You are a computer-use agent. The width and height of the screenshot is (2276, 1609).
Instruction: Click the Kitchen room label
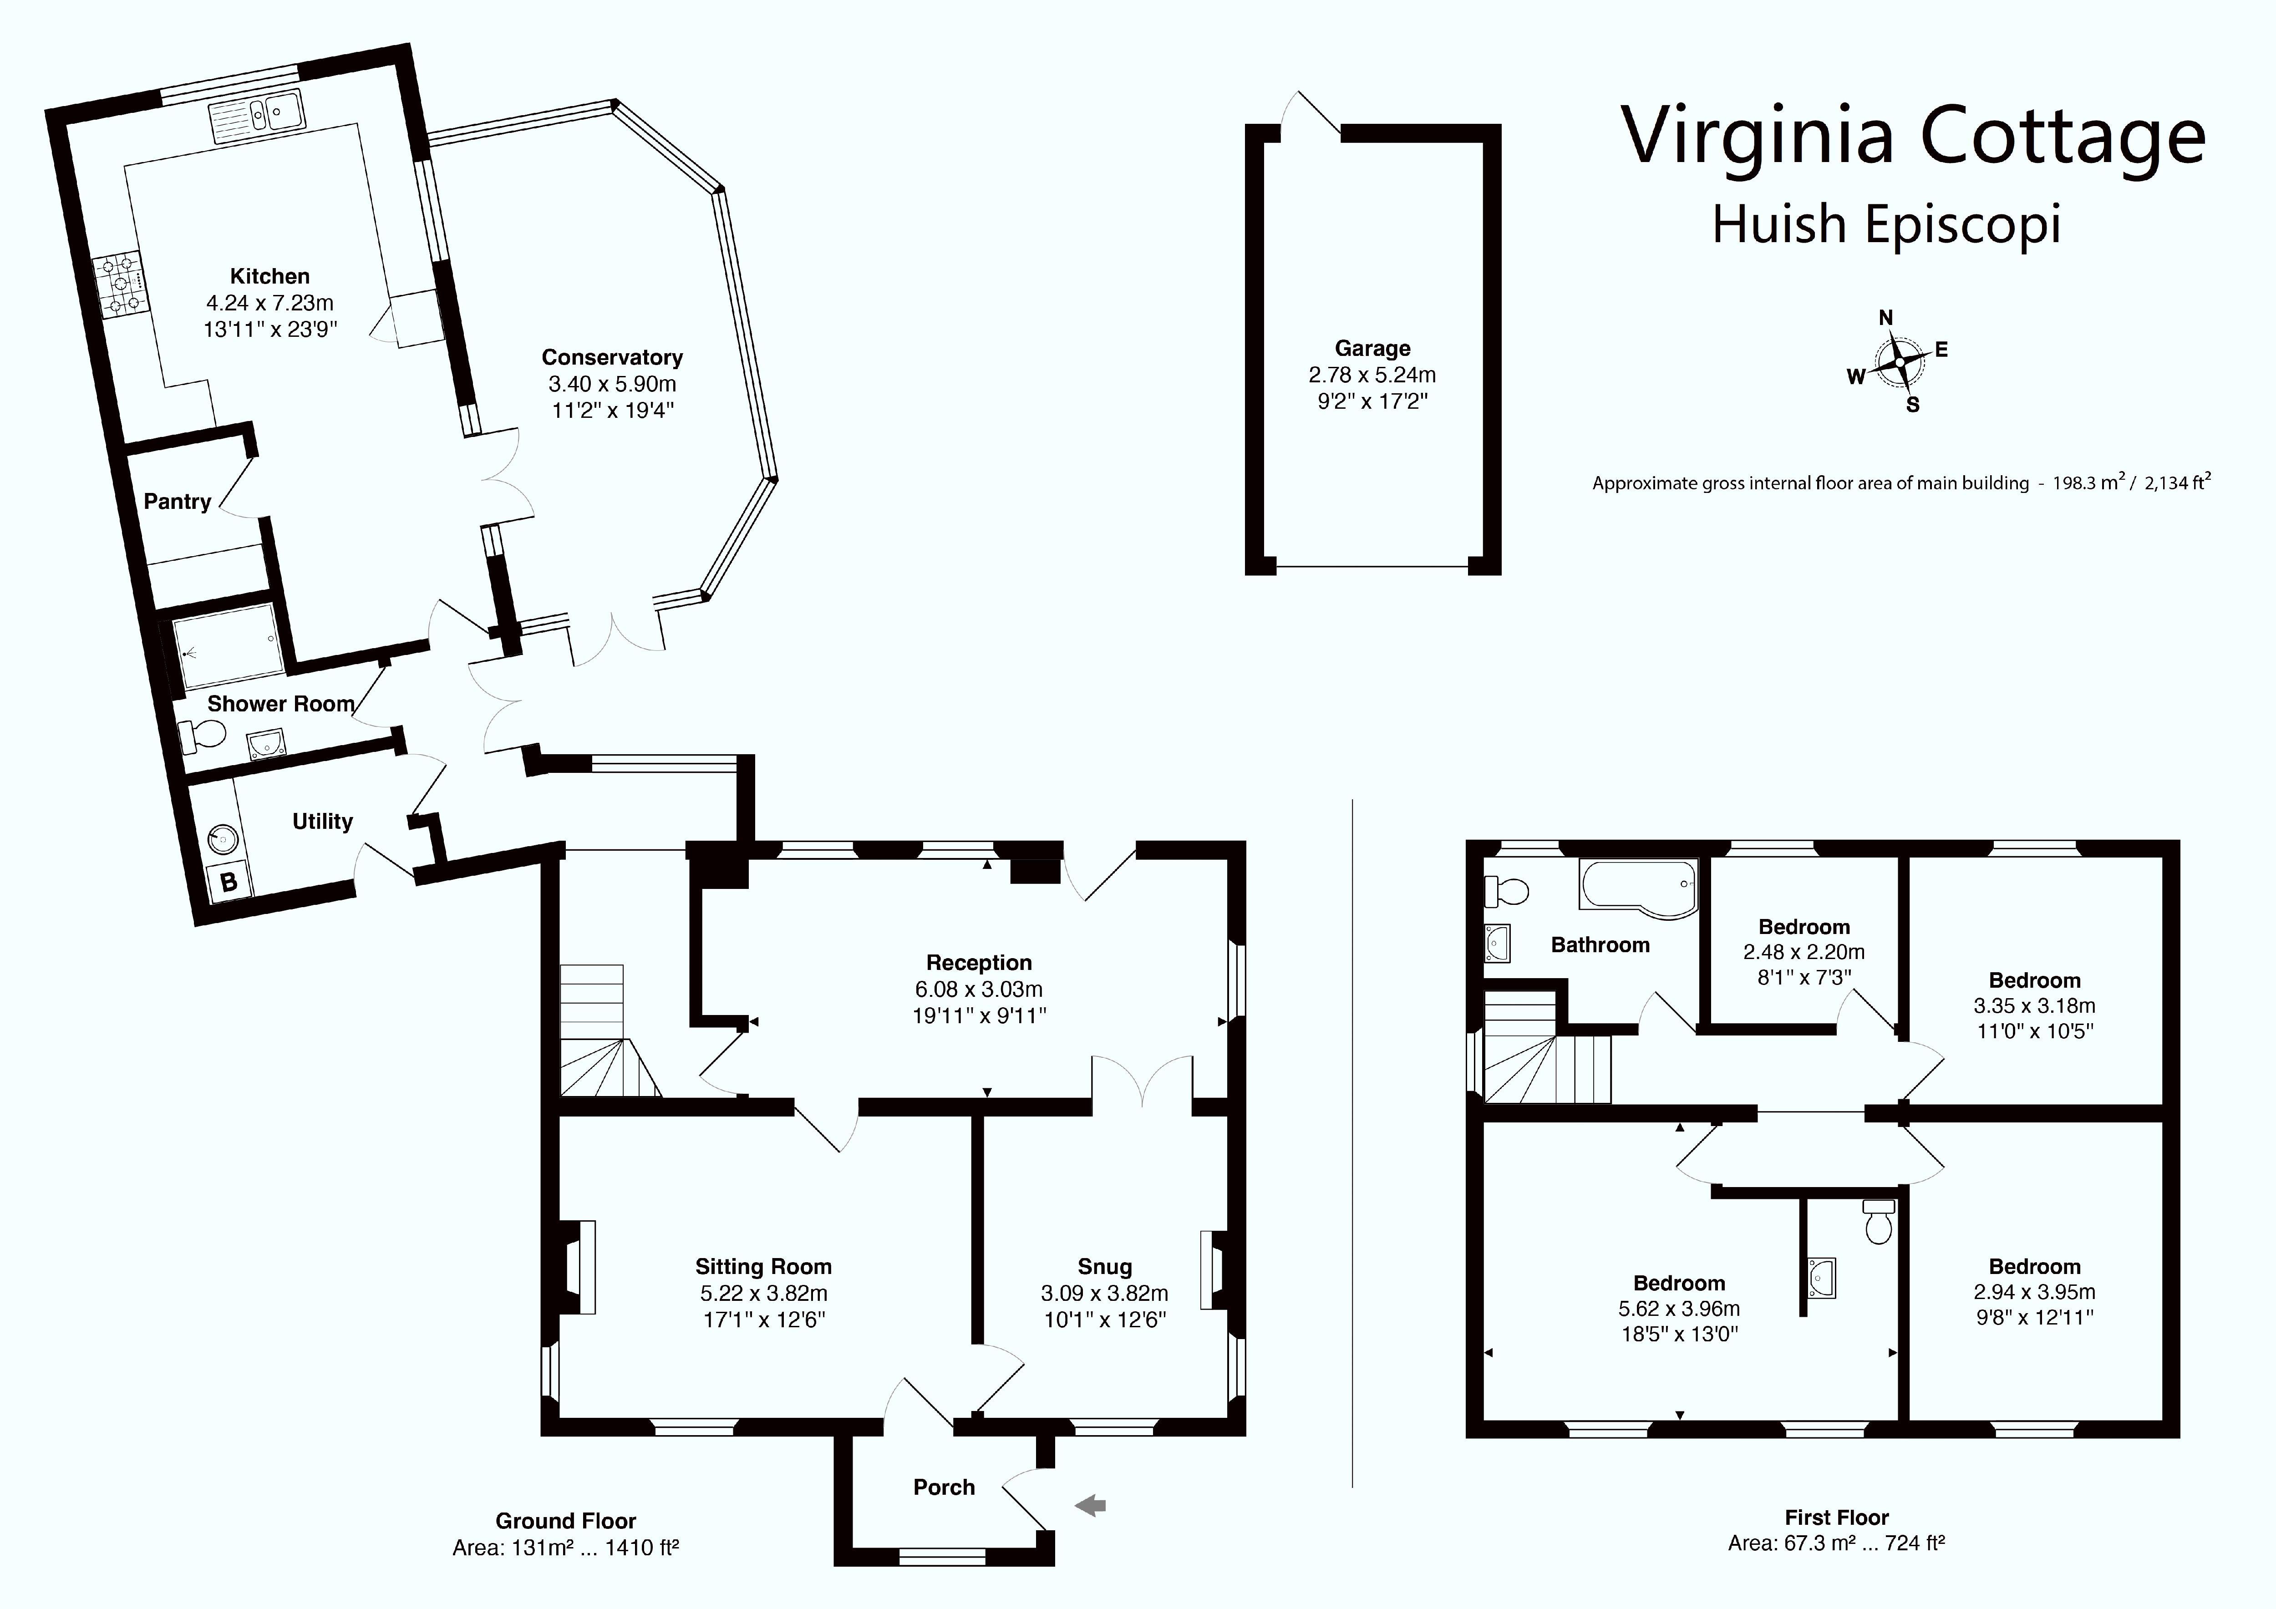[269, 277]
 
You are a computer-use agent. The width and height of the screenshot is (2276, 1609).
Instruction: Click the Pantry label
[178, 502]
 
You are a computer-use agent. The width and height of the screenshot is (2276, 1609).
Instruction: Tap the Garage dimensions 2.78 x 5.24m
[1372, 375]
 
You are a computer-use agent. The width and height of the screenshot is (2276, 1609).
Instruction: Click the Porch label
[944, 1487]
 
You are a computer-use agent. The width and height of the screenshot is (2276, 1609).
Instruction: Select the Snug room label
[1104, 1267]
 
